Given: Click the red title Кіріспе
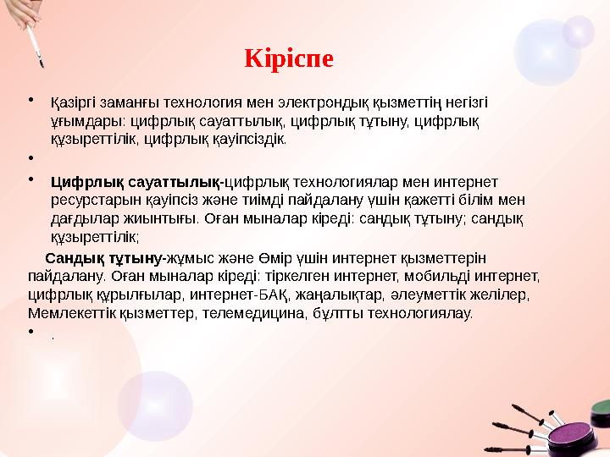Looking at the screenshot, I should point(289,59).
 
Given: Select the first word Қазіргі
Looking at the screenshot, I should point(72,102).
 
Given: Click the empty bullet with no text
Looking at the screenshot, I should point(30,157).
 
